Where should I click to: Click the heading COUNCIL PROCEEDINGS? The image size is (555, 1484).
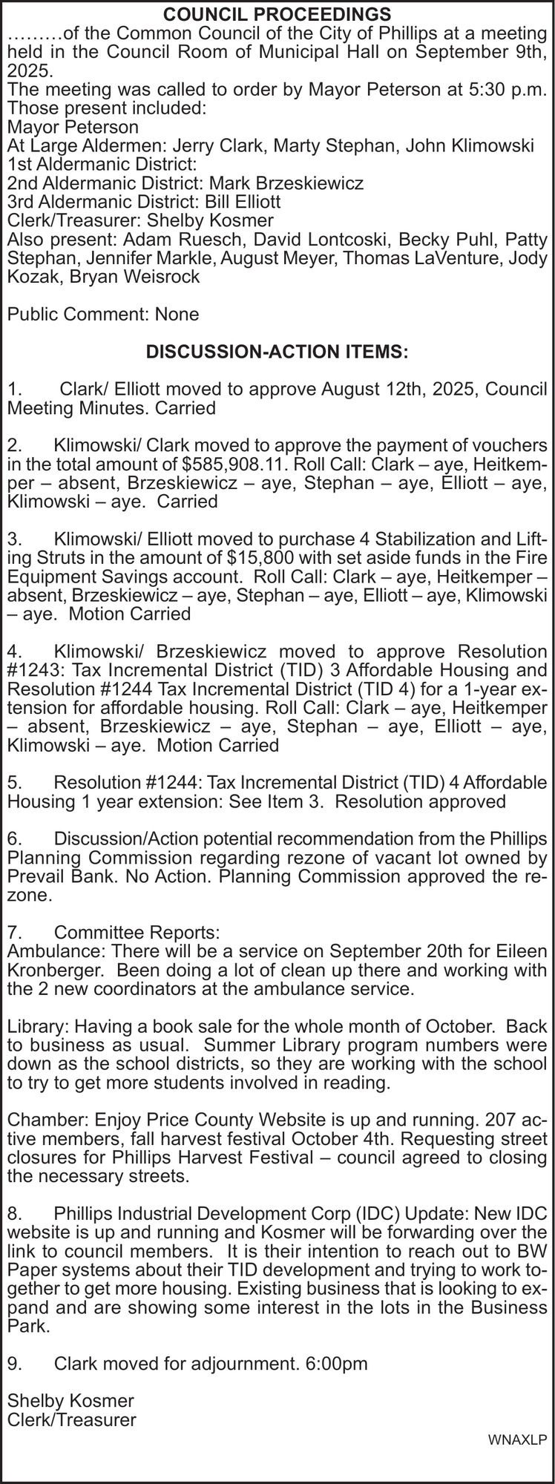click(277, 14)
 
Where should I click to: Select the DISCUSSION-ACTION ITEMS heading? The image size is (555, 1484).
click(277, 351)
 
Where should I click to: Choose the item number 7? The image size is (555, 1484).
click(13, 932)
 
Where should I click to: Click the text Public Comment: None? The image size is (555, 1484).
click(103, 314)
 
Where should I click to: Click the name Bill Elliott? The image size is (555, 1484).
click(243, 201)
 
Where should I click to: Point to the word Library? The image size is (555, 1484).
click(36, 1027)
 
